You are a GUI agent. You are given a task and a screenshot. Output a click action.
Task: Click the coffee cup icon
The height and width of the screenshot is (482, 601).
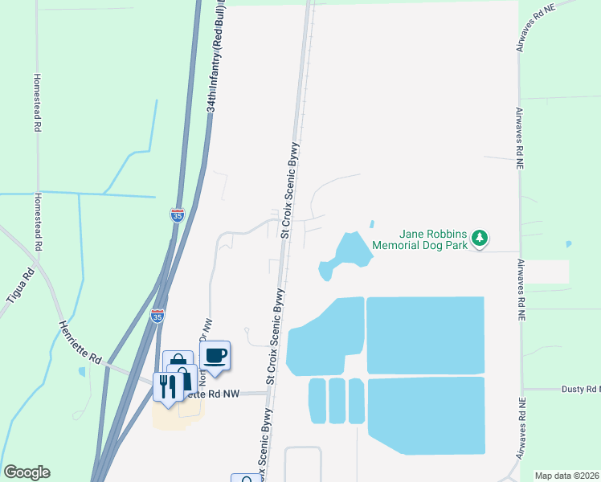pos(215,354)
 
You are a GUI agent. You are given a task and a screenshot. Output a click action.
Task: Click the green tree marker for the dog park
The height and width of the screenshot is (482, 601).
pos(480,238)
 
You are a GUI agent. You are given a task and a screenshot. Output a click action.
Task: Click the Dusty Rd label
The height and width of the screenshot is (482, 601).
pos(580,389)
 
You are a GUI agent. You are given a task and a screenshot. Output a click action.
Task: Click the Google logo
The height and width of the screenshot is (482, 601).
pos(27,472)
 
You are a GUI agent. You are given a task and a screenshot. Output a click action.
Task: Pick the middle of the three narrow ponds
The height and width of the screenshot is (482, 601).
pos(337,400)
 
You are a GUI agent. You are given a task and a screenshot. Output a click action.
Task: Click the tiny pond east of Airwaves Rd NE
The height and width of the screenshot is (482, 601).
pos(569,243)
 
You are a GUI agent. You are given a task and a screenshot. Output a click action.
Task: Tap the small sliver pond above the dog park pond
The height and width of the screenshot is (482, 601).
pos(371,224)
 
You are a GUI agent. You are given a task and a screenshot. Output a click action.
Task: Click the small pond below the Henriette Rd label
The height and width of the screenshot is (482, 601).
pos(81,372)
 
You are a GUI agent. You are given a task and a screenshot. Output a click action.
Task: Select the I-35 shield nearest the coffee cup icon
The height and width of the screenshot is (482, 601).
pos(158,317)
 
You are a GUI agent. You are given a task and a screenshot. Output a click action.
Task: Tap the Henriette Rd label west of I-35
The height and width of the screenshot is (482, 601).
pos(80,341)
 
